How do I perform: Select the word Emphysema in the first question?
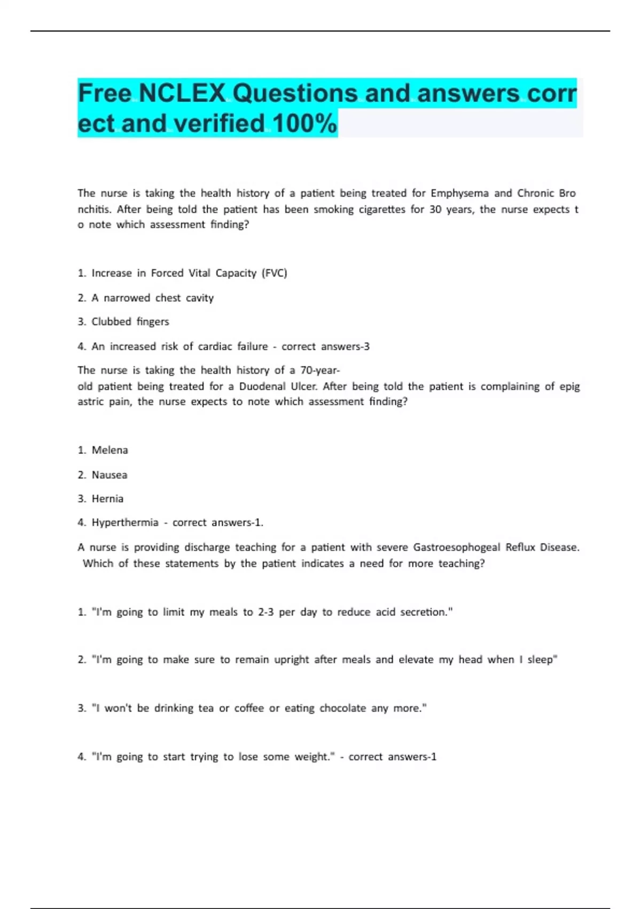coord(459,193)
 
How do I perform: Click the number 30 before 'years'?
coord(435,209)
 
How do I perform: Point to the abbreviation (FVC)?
coord(274,273)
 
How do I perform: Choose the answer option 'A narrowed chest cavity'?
coord(152,298)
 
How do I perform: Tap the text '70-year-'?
coord(320,370)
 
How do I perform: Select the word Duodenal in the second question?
coord(262,386)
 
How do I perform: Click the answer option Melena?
coord(110,450)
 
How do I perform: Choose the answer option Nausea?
coord(110,475)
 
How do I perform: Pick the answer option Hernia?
coord(107,499)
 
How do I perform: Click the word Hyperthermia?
coord(125,522)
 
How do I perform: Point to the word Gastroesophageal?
coord(457,547)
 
